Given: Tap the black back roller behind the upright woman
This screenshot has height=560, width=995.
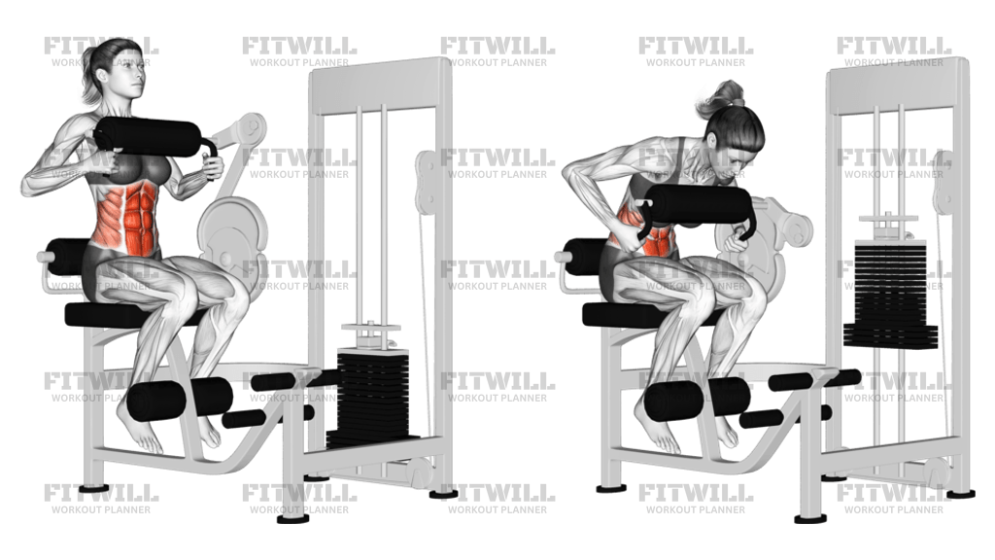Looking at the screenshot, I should [x=68, y=256].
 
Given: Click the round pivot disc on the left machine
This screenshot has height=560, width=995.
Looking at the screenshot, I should [x=232, y=229].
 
